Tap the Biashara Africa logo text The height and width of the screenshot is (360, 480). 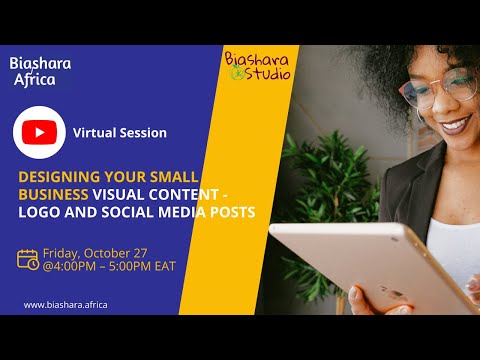40,71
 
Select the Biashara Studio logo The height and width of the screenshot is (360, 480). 257,65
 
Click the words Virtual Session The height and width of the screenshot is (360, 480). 120,132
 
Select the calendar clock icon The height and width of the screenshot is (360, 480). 29,258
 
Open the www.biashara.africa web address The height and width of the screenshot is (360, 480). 65,304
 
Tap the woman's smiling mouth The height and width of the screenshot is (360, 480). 456,125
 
